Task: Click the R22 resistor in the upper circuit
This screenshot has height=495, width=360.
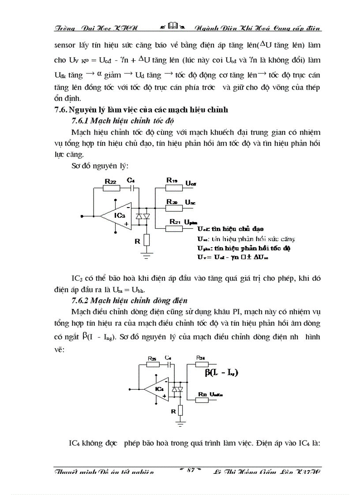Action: point(111,188)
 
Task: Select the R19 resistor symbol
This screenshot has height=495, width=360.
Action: point(174,188)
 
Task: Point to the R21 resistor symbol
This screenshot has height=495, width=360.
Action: point(174,228)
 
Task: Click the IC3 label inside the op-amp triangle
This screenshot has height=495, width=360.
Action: point(120,216)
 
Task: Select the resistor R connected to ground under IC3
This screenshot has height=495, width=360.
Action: point(147,240)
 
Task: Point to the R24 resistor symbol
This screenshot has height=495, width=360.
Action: point(201,365)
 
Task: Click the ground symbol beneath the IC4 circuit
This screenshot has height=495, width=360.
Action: point(180,424)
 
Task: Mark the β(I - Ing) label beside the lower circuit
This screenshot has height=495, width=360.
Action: point(221,373)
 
